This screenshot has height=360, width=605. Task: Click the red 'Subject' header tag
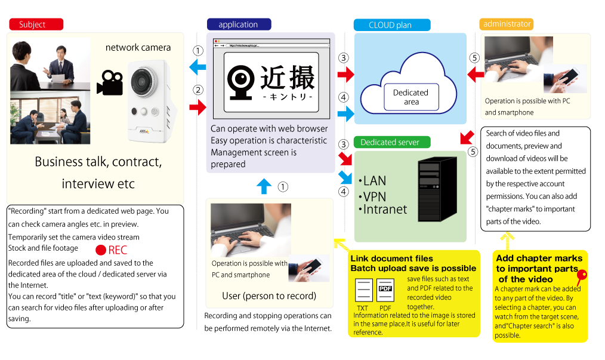click(36, 24)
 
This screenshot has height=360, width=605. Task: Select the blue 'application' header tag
click(239, 24)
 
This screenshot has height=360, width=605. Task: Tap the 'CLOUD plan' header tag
click(391, 25)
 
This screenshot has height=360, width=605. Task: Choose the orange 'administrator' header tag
click(507, 24)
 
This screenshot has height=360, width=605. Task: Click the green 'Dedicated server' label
click(390, 142)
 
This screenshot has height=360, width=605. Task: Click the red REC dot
click(101, 250)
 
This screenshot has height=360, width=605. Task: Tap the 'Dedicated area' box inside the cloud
click(410, 97)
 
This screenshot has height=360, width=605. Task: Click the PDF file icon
click(385, 293)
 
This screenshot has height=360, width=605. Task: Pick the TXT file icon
click(364, 293)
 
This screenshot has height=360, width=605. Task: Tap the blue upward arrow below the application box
click(264, 186)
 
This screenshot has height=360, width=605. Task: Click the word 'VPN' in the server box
click(374, 196)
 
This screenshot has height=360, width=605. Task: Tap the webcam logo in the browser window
click(242, 82)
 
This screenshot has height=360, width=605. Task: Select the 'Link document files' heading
click(391, 259)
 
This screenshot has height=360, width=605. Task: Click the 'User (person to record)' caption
click(269, 296)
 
